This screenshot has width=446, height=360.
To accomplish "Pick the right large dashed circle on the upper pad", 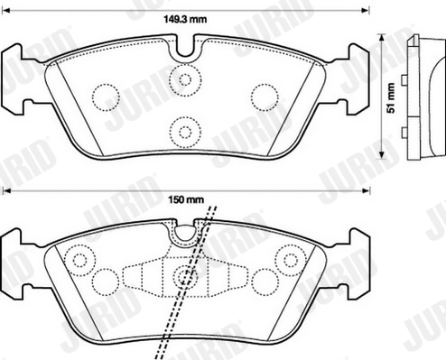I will pos(264,95).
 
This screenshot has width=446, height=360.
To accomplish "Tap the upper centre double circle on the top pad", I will pos(185,79).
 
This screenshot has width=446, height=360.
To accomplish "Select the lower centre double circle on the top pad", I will pos(185,132).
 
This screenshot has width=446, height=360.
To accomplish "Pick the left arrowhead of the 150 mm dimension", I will pos(5,190).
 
